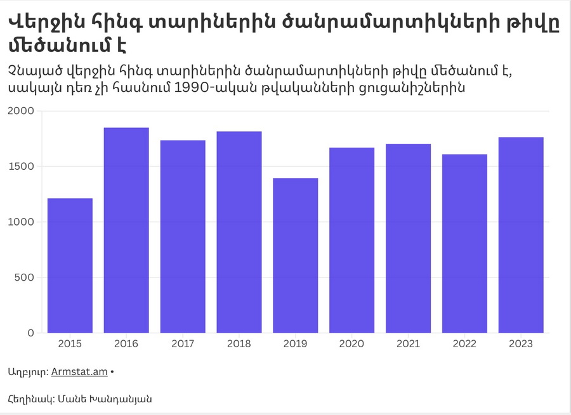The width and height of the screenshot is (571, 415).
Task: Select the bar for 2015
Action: click(70, 265)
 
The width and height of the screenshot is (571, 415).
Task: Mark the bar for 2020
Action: click(352, 240)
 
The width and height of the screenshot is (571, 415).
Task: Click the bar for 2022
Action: click(465, 243)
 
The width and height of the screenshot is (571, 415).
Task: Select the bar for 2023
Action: click(521, 235)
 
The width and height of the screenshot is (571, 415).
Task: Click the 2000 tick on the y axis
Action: click(21, 112)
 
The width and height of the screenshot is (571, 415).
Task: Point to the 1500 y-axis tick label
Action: click(21, 167)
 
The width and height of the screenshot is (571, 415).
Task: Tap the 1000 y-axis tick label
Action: click(21, 222)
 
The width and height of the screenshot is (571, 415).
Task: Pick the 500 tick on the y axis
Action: click(25, 278)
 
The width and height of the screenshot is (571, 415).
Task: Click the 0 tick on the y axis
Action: click(31, 333)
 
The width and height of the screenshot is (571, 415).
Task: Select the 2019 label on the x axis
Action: click(296, 344)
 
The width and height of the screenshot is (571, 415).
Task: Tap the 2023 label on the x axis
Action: click(521, 344)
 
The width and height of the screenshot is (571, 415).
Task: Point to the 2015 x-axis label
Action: click(70, 344)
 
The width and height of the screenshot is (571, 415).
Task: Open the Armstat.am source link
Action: click(79, 373)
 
